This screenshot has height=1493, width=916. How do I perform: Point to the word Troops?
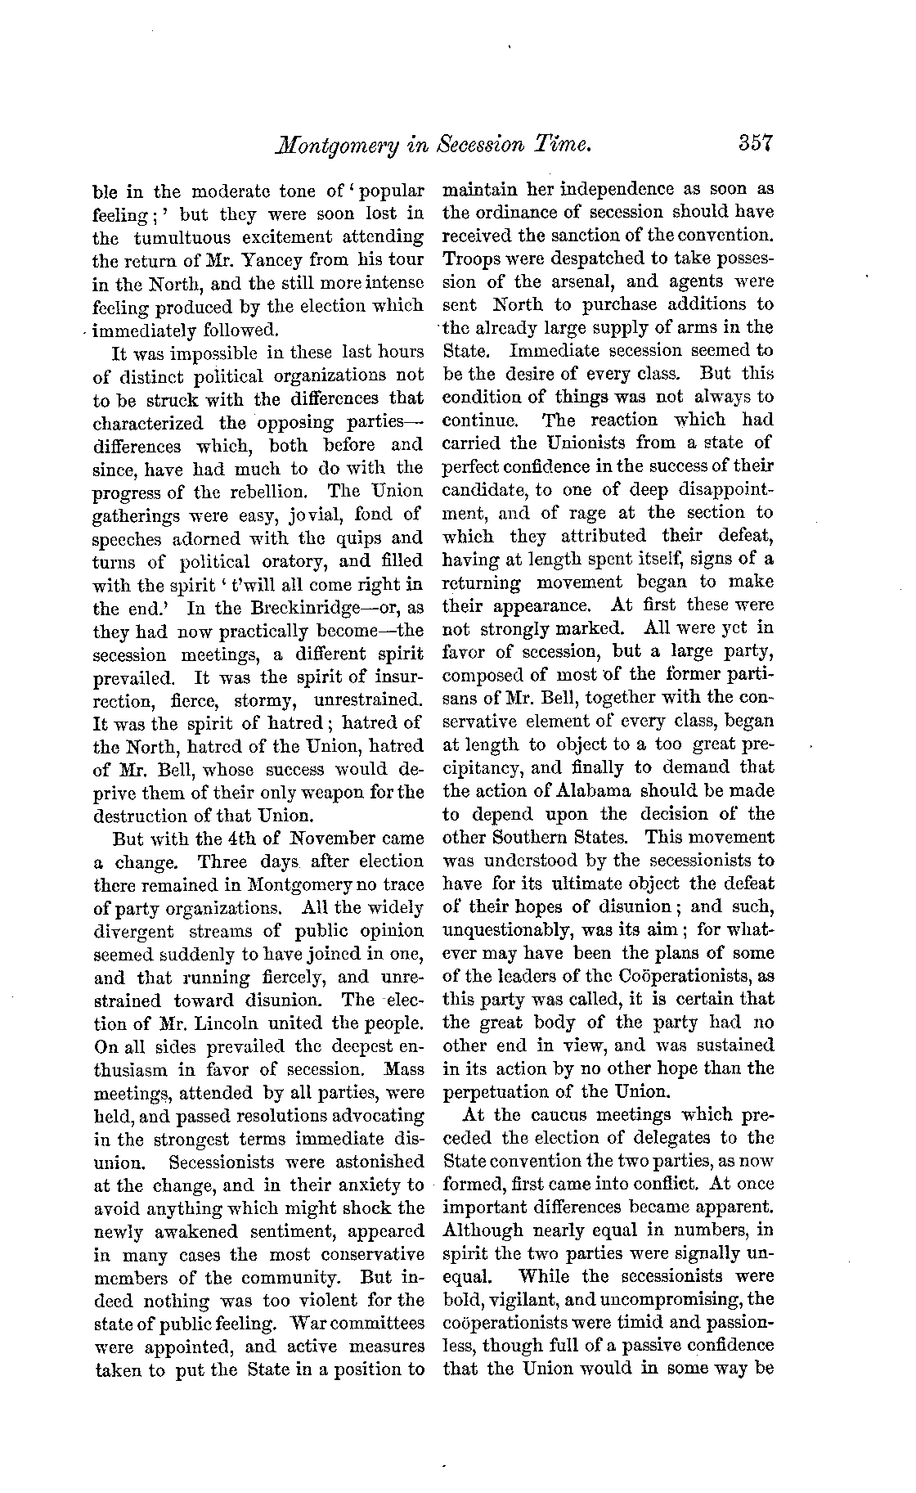coord(472,259)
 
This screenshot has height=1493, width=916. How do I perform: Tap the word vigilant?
coord(516,1299)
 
